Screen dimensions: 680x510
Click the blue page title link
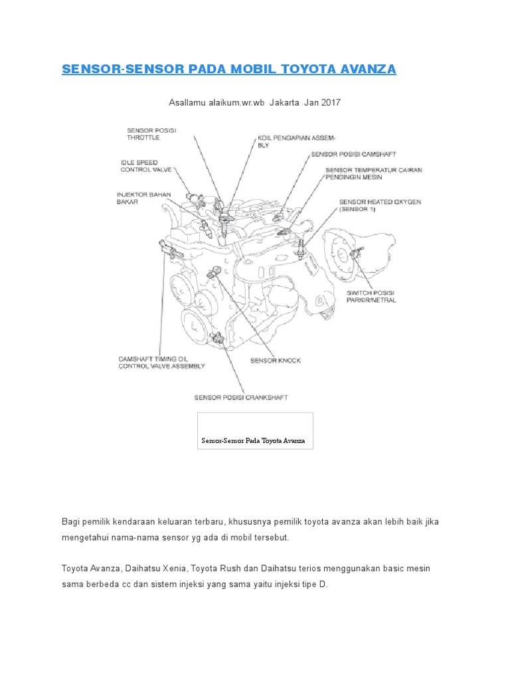click(228, 69)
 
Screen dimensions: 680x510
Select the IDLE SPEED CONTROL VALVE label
click(146, 165)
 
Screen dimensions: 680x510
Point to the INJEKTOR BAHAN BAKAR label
click(143, 198)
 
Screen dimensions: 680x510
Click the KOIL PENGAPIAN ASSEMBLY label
click(297, 141)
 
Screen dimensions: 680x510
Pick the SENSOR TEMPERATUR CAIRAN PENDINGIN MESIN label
click(373, 174)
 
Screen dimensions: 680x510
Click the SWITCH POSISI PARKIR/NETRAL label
click(371, 296)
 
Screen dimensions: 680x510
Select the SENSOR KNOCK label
click(275, 361)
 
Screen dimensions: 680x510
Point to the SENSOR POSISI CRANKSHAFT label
click(240, 398)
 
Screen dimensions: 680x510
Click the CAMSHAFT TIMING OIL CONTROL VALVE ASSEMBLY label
click(161, 362)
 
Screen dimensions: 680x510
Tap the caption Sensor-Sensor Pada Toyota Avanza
click(253, 441)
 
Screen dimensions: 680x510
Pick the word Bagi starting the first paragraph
click(70, 522)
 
